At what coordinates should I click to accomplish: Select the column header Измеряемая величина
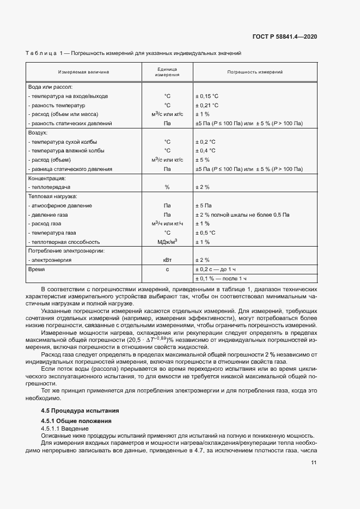coord(83,72)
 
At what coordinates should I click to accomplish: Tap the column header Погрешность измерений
coord(254,72)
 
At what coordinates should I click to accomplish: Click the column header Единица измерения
coord(167,72)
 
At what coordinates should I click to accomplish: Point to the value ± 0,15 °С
coord(207,96)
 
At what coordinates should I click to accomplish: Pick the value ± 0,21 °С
coord(207,105)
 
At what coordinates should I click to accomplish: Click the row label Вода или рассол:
coord(50,87)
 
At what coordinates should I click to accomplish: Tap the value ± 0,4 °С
coord(205,151)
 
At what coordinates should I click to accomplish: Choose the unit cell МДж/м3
coord(167,242)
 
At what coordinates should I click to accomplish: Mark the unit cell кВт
coord(167,260)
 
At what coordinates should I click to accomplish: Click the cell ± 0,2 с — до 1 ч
coord(215,269)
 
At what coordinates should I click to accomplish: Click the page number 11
coord(314,463)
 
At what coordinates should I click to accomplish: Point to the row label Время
coord(36,269)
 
